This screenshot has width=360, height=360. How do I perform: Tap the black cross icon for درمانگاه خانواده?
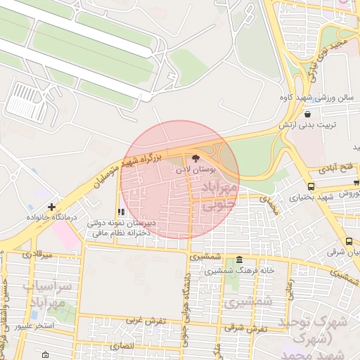coord(52,207)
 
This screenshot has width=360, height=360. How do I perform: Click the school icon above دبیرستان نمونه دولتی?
coord(122,212)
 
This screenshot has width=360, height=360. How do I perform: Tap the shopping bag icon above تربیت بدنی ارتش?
coord(307,114)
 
